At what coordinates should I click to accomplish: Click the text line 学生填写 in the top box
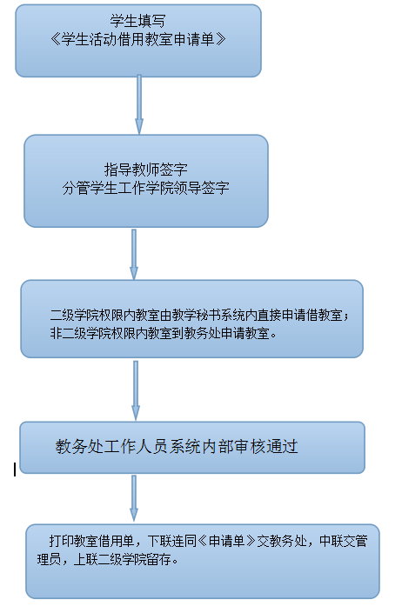click(x=138, y=21)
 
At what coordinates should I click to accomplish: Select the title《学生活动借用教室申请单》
click(x=138, y=39)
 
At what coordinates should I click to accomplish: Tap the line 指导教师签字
click(x=146, y=170)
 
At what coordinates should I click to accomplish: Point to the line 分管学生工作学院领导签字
click(x=146, y=188)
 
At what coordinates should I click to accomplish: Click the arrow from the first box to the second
click(x=139, y=104)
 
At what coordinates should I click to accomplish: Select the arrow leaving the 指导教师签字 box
click(x=134, y=254)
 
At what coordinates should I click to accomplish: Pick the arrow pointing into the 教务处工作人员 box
click(x=136, y=390)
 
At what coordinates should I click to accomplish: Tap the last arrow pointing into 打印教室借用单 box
click(x=134, y=498)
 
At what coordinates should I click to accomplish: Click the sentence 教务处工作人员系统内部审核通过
click(x=177, y=447)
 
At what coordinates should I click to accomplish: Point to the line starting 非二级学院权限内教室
click(x=164, y=333)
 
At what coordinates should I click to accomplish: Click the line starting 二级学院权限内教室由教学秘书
click(x=199, y=316)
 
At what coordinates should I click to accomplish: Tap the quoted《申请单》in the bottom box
click(x=227, y=541)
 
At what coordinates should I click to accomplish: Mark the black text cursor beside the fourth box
click(x=15, y=469)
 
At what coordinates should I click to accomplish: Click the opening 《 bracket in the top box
click(x=56, y=39)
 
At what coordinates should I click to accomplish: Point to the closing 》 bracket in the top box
click(x=221, y=39)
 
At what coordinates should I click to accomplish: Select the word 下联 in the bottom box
click(x=159, y=541)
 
